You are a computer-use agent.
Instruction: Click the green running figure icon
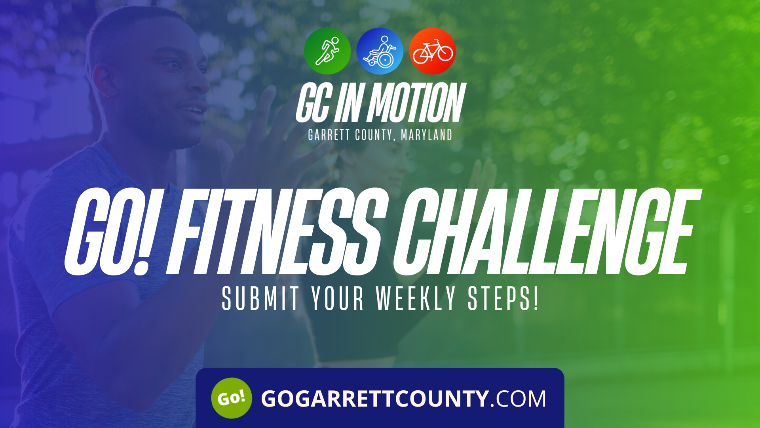327,51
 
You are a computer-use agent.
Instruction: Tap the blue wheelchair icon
380,51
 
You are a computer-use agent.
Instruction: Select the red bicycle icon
432,51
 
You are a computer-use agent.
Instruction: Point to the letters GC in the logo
313,103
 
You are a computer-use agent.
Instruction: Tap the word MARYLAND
426,135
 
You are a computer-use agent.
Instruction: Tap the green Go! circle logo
232,398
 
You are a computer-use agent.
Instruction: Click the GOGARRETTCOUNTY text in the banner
374,399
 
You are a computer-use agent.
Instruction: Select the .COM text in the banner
518,399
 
